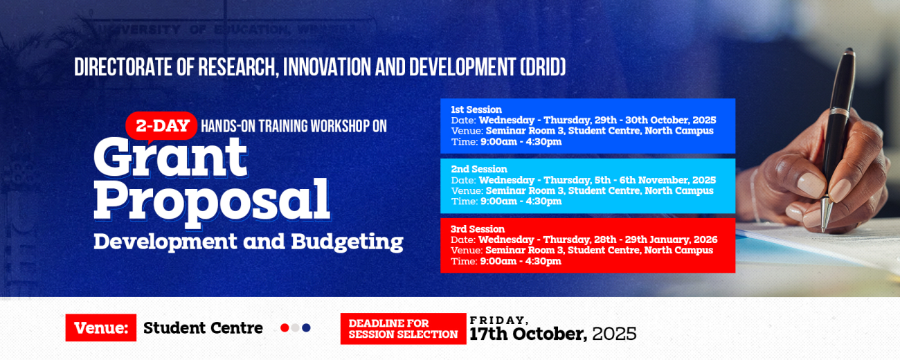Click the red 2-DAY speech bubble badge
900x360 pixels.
tap(161, 126)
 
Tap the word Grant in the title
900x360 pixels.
tap(170, 157)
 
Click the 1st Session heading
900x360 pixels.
tap(476, 109)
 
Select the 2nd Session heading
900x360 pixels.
tap(479, 169)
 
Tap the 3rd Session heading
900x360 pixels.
tap(478, 229)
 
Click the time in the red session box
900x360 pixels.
tap(520, 262)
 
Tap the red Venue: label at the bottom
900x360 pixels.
tap(101, 328)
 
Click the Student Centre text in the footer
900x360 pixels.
tap(203, 328)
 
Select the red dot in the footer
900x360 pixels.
tap(285, 328)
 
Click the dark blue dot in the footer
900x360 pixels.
tap(307, 328)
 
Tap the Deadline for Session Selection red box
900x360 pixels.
tap(403, 329)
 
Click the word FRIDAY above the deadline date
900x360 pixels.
tap(499, 320)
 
